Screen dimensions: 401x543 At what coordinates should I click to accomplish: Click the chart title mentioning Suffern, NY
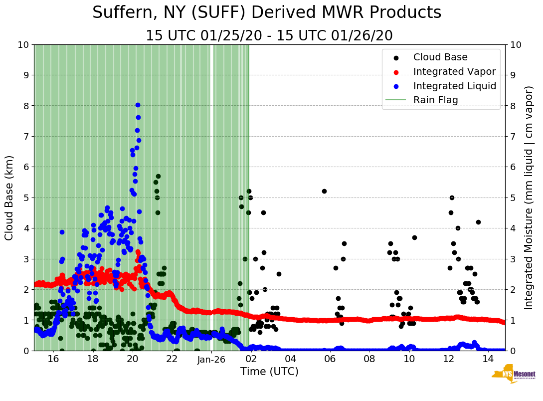pyautogui.click(x=267, y=12)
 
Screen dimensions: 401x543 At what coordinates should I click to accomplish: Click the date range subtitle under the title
pyautogui.click(x=269, y=36)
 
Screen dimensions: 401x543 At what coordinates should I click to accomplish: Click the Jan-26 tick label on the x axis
pyautogui.click(x=212, y=359)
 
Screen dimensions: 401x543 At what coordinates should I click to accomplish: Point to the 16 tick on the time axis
pyautogui.click(x=53, y=359)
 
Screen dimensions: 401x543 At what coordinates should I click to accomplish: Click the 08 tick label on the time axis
pyautogui.click(x=369, y=359)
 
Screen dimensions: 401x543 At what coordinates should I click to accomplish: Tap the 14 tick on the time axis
pyautogui.click(x=489, y=359)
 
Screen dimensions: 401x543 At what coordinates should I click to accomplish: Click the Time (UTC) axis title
pyautogui.click(x=269, y=372)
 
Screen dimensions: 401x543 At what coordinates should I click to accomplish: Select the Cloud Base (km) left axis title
pyautogui.click(x=9, y=198)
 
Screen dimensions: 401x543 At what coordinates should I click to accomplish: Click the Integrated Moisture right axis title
pyautogui.click(x=529, y=198)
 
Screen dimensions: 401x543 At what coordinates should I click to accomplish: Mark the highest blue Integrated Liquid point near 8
pyautogui.click(x=138, y=105)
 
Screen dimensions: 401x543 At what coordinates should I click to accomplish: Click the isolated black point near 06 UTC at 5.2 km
pyautogui.click(x=324, y=191)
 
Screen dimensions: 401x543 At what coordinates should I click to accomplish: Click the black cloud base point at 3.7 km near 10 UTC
pyautogui.click(x=414, y=237)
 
